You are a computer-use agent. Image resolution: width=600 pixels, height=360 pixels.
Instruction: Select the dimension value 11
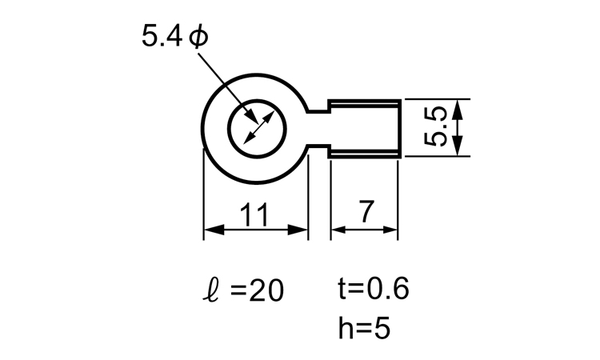[x=254, y=214]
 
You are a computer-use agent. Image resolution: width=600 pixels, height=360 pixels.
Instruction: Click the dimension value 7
[x=366, y=211]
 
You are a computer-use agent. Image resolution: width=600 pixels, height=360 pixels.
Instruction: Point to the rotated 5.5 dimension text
[x=436, y=126]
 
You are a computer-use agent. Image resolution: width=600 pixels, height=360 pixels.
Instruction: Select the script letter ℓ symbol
[x=211, y=290]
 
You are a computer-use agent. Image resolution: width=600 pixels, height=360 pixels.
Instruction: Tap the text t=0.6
[x=374, y=288]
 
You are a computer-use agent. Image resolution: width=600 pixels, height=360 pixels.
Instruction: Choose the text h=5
[x=364, y=327]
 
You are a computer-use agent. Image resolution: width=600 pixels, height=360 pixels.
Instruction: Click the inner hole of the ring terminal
[x=257, y=129]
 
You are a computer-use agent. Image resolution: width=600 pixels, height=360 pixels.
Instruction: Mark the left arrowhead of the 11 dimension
[x=214, y=230]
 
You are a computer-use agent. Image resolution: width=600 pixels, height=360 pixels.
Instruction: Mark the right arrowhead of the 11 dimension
[x=298, y=230]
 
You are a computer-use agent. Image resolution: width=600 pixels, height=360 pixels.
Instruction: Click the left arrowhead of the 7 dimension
[x=338, y=230]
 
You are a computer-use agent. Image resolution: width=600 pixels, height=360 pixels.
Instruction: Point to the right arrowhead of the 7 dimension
[x=390, y=230]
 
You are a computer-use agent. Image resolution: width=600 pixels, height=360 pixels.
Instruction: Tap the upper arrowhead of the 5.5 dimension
[x=458, y=110]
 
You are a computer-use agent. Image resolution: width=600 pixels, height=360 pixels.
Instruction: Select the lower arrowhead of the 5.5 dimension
[x=458, y=146]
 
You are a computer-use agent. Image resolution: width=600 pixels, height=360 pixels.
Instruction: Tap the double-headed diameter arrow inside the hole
[x=259, y=127]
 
